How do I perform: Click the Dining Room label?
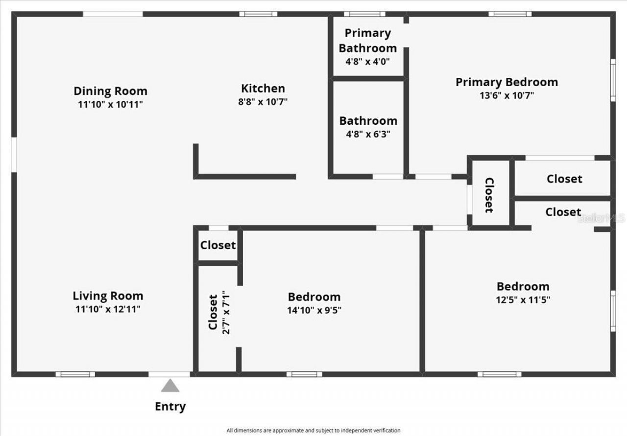(110, 91)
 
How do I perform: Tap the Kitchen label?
(263, 89)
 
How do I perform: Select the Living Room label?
(108, 296)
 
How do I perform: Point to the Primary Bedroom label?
(506, 82)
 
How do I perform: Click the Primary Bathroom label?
(368, 40)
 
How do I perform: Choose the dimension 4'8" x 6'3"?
(368, 134)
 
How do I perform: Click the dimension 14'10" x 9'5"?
(314, 310)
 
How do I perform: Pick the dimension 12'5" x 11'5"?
(523, 299)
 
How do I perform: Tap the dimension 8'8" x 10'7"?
(263, 102)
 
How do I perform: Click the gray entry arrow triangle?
(170, 386)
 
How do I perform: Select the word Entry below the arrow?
(170, 406)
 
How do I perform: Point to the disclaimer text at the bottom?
(313, 431)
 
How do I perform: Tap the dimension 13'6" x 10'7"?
(506, 95)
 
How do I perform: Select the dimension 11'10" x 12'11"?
(108, 309)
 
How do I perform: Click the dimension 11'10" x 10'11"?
(110, 104)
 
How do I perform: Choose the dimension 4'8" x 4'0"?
(368, 62)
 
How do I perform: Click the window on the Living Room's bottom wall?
(75, 374)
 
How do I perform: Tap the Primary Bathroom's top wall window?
(364, 14)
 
